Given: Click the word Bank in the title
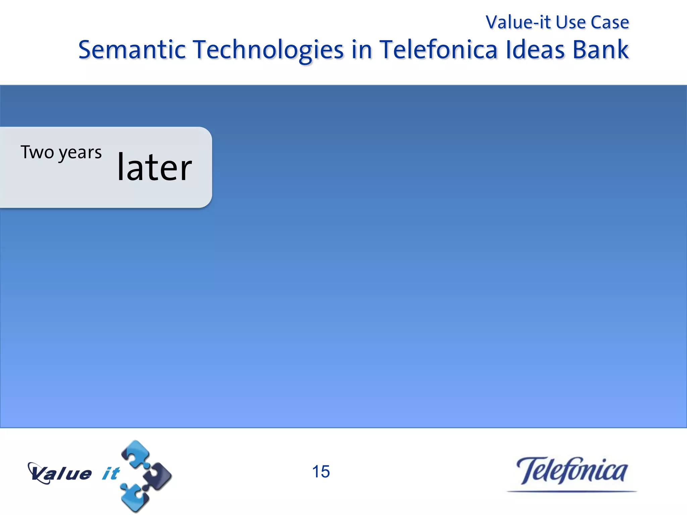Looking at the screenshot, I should pos(600,50).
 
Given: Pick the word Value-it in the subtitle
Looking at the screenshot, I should pos(518,22).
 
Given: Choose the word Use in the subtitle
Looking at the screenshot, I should pos(571,22).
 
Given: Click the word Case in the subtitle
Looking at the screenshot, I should pos(610,22).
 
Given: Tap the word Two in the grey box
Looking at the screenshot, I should pos(37,152).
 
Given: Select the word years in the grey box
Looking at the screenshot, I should pos(80,153).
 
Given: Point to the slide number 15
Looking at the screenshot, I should pos(321,471).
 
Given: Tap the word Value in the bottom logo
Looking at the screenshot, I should pos(60,473).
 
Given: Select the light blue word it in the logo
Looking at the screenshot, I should pos(111,473).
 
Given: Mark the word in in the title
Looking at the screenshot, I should pos(362,50).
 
